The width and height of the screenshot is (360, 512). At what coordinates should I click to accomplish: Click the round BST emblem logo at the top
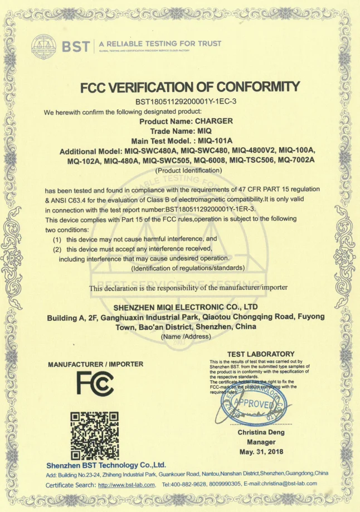point(44,46)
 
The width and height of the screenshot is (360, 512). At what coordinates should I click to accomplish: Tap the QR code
point(95,434)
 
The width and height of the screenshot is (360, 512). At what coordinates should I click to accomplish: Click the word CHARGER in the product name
point(214,120)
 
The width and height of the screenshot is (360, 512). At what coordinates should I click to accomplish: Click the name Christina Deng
point(261,432)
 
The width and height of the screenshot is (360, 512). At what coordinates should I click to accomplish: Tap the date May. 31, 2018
point(261,451)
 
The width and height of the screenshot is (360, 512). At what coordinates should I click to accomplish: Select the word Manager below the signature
point(261,442)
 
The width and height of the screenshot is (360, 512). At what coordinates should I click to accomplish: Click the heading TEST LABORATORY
point(261,354)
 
